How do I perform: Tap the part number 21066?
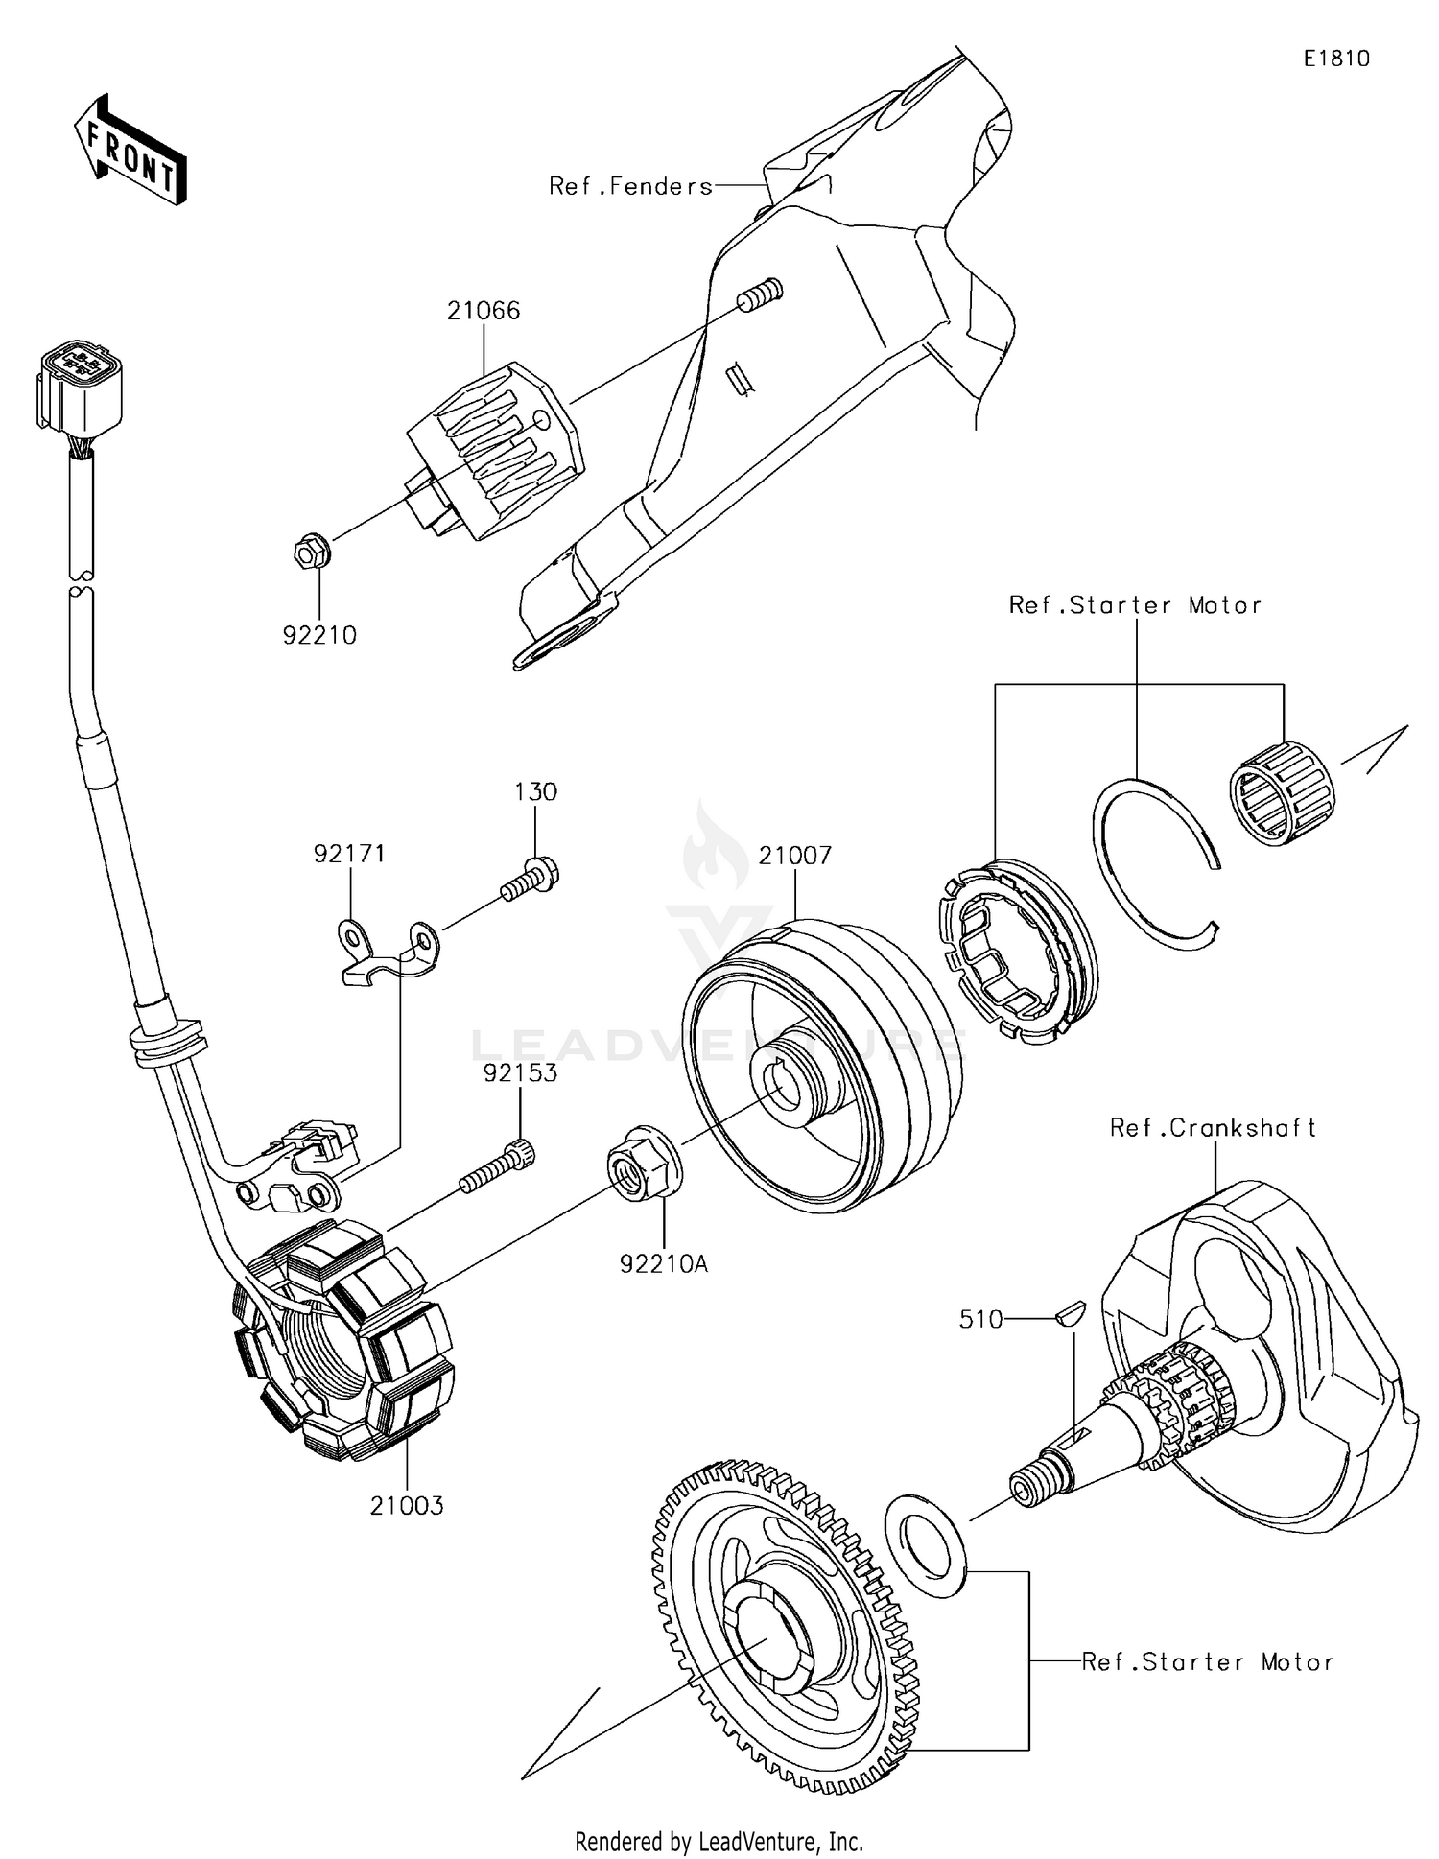click(x=483, y=311)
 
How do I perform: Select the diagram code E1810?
click(x=1335, y=59)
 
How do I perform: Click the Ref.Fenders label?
click(x=630, y=186)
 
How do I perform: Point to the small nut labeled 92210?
click(x=311, y=553)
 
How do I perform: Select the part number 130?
click(x=535, y=792)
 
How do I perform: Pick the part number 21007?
click(x=795, y=856)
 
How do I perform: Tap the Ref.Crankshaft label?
click(x=1213, y=1128)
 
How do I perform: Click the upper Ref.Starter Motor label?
click(x=1134, y=605)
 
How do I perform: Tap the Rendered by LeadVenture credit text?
click(x=719, y=1841)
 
